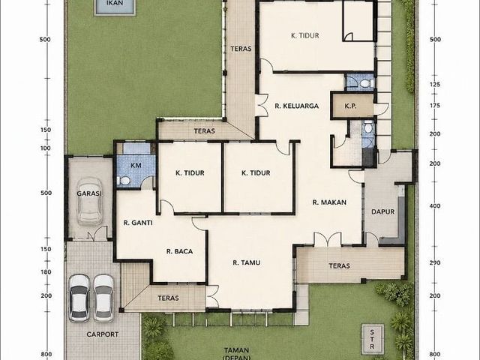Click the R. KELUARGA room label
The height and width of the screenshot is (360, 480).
click(297, 106)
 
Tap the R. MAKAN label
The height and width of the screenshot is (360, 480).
click(329, 202)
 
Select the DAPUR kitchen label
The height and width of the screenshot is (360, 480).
click(382, 211)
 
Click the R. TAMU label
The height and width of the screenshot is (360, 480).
click(247, 262)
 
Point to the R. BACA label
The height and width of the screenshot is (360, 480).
click(180, 252)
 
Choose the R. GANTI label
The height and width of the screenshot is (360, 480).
click(138, 223)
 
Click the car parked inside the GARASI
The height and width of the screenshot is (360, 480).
click(89, 201)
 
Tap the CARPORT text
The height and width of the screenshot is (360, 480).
click(103, 334)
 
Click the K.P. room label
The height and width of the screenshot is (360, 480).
click(350, 106)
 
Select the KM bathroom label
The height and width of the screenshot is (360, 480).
click(136, 166)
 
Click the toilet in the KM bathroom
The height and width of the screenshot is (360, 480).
click(123, 181)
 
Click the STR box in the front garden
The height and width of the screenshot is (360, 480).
click(372, 339)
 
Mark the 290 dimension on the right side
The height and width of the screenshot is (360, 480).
click(435, 262)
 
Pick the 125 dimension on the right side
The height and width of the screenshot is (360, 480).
click(435, 85)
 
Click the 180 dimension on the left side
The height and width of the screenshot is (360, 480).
click(46, 271)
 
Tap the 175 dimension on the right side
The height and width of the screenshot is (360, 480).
click(435, 106)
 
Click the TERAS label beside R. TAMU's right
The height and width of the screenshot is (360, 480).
click(339, 265)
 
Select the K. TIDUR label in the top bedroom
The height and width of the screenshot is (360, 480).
click(305, 35)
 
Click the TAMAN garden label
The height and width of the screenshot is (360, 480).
click(236, 350)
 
